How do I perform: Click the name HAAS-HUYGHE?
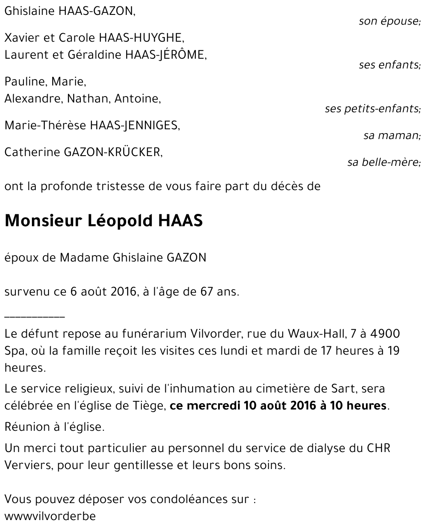coord(142,38)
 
